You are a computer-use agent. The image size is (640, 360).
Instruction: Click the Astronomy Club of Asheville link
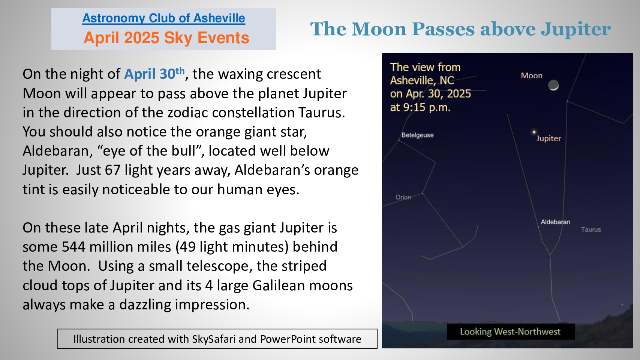[x=164, y=18]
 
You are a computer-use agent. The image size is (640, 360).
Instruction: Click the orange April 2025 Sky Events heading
[x=166, y=38]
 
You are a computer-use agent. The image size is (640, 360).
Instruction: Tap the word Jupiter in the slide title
[x=576, y=29]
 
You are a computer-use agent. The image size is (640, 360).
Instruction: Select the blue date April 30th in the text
[x=154, y=74]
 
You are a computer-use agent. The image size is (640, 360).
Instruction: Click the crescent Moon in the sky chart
[x=553, y=85]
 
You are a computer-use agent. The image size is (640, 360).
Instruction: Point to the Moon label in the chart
[x=531, y=76]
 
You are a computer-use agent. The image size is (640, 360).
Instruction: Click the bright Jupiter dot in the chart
[x=534, y=132]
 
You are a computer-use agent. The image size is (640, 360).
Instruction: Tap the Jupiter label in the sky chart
[x=549, y=139]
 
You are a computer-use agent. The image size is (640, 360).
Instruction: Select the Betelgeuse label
[x=417, y=135]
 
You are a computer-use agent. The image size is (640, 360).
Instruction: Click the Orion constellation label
[x=403, y=197]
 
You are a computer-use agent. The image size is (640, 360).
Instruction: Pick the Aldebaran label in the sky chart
[x=555, y=222]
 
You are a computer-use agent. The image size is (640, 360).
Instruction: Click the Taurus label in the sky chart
[x=591, y=229]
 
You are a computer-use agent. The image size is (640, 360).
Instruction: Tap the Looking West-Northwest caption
[x=510, y=331]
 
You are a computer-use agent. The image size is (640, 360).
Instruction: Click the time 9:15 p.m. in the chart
[x=427, y=107]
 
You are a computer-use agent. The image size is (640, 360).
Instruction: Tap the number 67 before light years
[x=112, y=170]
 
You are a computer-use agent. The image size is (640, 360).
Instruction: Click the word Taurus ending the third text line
[x=322, y=112]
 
